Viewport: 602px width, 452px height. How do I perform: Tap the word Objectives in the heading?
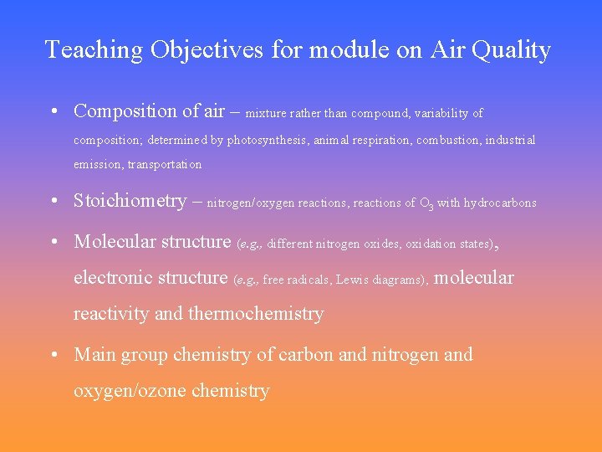tap(207, 50)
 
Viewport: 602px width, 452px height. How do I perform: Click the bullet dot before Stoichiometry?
tap(54, 202)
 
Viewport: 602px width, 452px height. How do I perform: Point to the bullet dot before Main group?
tap(54, 356)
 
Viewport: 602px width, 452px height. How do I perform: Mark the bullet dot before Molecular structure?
tap(54, 243)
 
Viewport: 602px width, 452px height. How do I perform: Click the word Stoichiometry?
tap(130, 201)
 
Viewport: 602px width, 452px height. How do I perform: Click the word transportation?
tap(164, 165)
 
